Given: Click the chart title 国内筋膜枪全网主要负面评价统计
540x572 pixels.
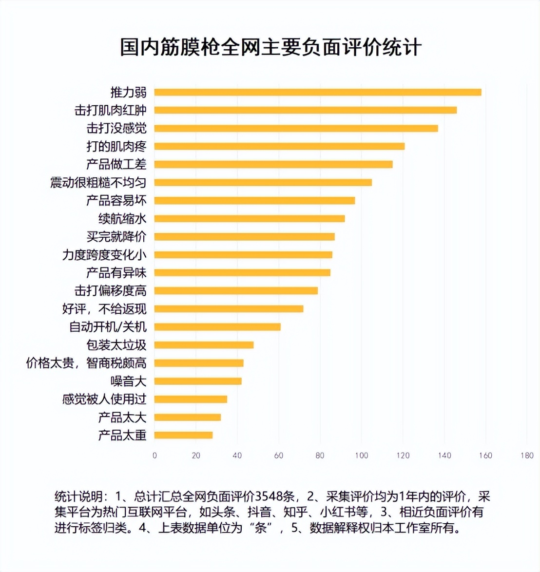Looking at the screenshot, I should coord(270,48).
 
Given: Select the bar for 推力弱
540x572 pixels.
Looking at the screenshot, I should coord(318,93).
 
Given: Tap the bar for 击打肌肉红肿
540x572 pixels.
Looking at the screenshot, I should coord(306,110).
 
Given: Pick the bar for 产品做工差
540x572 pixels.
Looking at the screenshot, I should coord(273,164).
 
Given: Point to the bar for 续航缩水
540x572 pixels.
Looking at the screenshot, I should coord(250,219).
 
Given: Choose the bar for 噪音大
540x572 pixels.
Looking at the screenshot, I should coord(198,381).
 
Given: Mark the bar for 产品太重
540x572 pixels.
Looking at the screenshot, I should coord(183,435).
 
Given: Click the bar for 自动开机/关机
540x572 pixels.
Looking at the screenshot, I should coord(217,327).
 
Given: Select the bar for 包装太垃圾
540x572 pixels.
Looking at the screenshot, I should coord(204,345).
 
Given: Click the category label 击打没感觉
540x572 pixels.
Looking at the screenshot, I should coord(116,128).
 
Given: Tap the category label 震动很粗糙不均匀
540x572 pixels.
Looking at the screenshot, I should coord(98,183).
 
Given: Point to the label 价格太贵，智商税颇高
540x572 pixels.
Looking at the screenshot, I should coord(86,363).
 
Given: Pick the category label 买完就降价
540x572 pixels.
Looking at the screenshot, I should coord(116,237).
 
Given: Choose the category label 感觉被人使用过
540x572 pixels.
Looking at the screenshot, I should coord(104,399).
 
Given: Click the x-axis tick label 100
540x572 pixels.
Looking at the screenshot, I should coord(361,456).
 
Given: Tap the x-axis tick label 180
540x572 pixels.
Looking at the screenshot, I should coord(527,456).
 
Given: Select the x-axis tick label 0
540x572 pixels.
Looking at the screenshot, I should coord(154,456).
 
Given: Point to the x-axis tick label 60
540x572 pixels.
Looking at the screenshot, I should coord(278,456).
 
